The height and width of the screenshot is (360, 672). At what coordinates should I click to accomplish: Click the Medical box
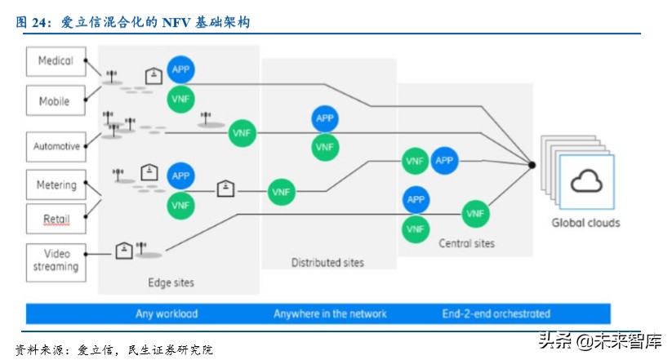tap(56, 61)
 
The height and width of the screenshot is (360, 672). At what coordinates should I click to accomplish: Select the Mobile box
tap(56, 100)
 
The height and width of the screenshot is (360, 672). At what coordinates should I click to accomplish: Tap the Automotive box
tap(56, 147)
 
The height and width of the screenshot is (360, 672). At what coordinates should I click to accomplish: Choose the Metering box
tap(56, 184)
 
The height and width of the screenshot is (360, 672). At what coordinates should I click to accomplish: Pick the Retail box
tap(56, 219)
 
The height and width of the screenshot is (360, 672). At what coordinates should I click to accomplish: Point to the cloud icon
tap(586, 181)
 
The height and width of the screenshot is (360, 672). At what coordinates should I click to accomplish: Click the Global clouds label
tap(586, 223)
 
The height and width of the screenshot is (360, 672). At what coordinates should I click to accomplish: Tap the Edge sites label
tap(171, 282)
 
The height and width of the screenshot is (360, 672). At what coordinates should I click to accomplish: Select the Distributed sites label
tap(327, 262)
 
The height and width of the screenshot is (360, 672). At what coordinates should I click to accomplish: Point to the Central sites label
tap(466, 243)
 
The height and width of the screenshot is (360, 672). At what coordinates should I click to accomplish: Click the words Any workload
tap(167, 313)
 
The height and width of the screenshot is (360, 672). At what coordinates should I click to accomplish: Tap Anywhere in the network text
tap(330, 313)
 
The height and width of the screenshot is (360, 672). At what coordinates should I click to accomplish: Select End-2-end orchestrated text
tap(496, 313)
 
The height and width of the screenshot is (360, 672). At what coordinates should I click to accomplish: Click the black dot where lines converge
tap(532, 165)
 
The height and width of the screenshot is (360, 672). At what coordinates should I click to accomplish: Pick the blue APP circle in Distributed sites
tap(325, 118)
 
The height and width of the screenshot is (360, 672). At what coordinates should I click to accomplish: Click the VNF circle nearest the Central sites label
tap(416, 229)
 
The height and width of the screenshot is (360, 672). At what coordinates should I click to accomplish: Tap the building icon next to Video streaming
tap(124, 251)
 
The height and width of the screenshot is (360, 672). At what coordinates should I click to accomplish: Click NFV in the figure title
tap(176, 22)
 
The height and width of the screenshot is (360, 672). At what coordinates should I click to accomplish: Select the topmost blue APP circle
tap(180, 69)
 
